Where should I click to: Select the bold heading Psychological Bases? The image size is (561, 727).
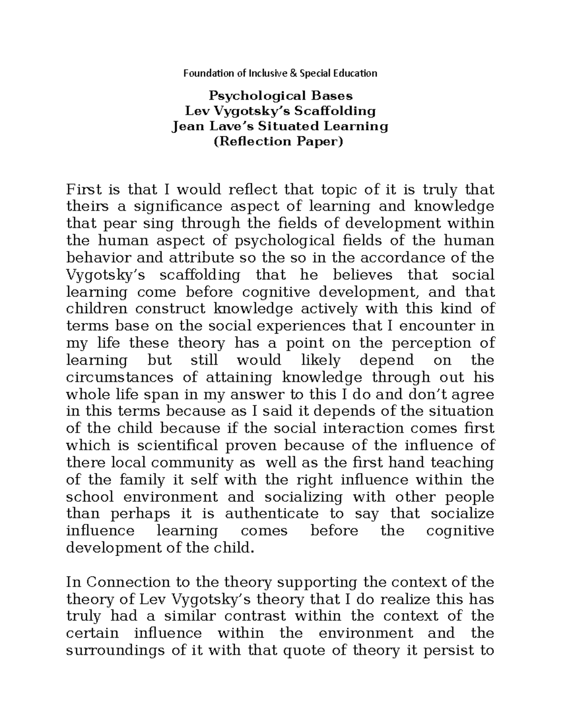(x=280, y=96)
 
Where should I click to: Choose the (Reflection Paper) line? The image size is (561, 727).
(x=280, y=141)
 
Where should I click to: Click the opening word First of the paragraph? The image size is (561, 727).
(x=84, y=190)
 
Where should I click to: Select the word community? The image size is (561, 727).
(x=192, y=463)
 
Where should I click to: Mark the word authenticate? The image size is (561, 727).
(x=272, y=514)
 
